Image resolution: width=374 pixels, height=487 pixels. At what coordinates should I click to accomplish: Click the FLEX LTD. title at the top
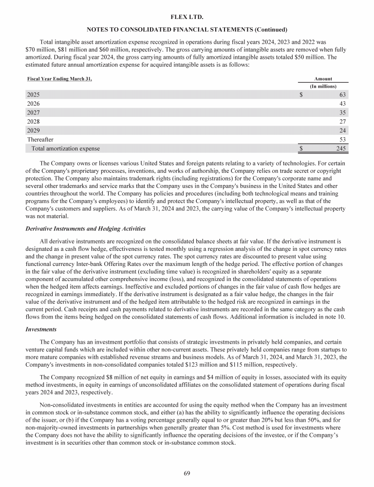187,17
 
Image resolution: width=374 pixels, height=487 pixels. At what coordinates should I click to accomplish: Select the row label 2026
33,104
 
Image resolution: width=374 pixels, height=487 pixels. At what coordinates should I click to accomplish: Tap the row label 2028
33,121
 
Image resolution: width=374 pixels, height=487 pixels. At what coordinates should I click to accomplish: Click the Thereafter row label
40,139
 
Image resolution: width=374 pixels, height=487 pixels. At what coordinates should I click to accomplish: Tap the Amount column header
323,78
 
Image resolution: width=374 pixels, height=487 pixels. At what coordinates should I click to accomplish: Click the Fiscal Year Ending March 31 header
59,78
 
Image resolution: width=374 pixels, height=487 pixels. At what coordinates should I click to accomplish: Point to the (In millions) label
323,86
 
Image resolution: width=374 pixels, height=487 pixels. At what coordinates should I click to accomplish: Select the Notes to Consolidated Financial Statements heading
187,30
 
